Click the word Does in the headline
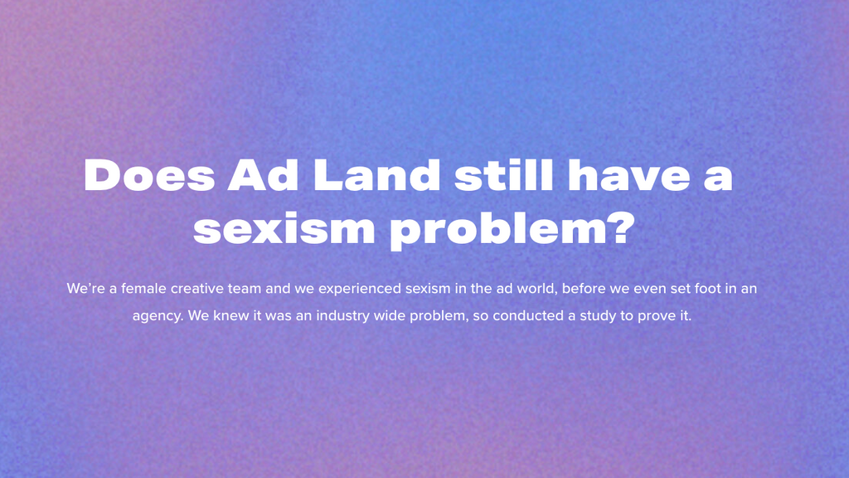point(149,174)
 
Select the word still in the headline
point(504,174)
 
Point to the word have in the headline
point(629,174)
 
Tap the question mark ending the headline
point(620,227)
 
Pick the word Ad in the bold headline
point(263,174)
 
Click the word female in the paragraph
point(143,288)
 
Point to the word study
point(598,316)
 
